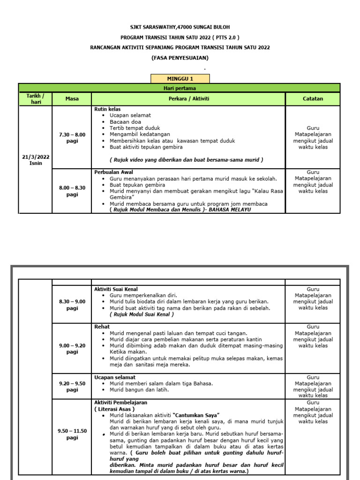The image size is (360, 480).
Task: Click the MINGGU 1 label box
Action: pyautogui.click(x=180, y=79)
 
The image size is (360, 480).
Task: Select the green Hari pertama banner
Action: pyautogui.click(x=180, y=88)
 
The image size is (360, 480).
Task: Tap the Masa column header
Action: pyautogui.click(x=72, y=99)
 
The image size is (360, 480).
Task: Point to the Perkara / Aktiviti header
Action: pyautogui.click(x=188, y=99)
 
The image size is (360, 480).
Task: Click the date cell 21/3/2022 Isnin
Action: pyautogui.click(x=36, y=160)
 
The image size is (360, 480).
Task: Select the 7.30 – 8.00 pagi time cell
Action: pyautogui.click(x=72, y=138)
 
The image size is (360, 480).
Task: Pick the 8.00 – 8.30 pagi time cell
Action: pyautogui.click(x=72, y=191)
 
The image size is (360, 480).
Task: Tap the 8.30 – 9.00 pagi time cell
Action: pyautogui.click(x=72, y=305)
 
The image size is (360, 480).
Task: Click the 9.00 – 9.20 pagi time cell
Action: pyautogui.click(x=72, y=348)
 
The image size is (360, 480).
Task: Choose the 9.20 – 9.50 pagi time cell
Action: pyautogui.click(x=72, y=386)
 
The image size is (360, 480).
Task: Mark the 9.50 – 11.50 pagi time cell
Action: pyautogui.click(x=72, y=434)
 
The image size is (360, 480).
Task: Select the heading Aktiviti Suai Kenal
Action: pyautogui.click(x=116, y=289)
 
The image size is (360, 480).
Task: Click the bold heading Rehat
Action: pyautogui.click(x=102, y=327)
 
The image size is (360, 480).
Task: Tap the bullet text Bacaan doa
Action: pyautogui.click(x=123, y=121)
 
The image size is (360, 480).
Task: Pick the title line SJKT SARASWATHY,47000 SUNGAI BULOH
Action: pyautogui.click(x=180, y=27)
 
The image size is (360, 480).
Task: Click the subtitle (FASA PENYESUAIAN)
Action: pyautogui.click(x=180, y=58)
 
